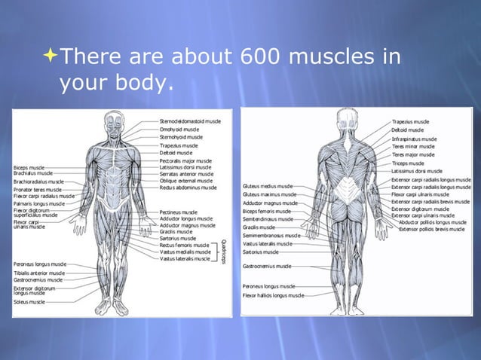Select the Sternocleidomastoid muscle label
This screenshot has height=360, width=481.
click(190, 121)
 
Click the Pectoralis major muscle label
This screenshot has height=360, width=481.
click(185, 160)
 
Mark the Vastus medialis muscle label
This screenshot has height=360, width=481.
click(184, 252)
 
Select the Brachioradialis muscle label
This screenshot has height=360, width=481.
click(38, 182)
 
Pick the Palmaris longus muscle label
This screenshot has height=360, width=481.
click(39, 203)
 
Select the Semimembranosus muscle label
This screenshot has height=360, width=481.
click(271, 235)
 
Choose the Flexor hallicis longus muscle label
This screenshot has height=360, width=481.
click(273, 295)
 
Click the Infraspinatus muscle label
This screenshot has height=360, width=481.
click(414, 139)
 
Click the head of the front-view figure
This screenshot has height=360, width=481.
click(114, 121)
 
